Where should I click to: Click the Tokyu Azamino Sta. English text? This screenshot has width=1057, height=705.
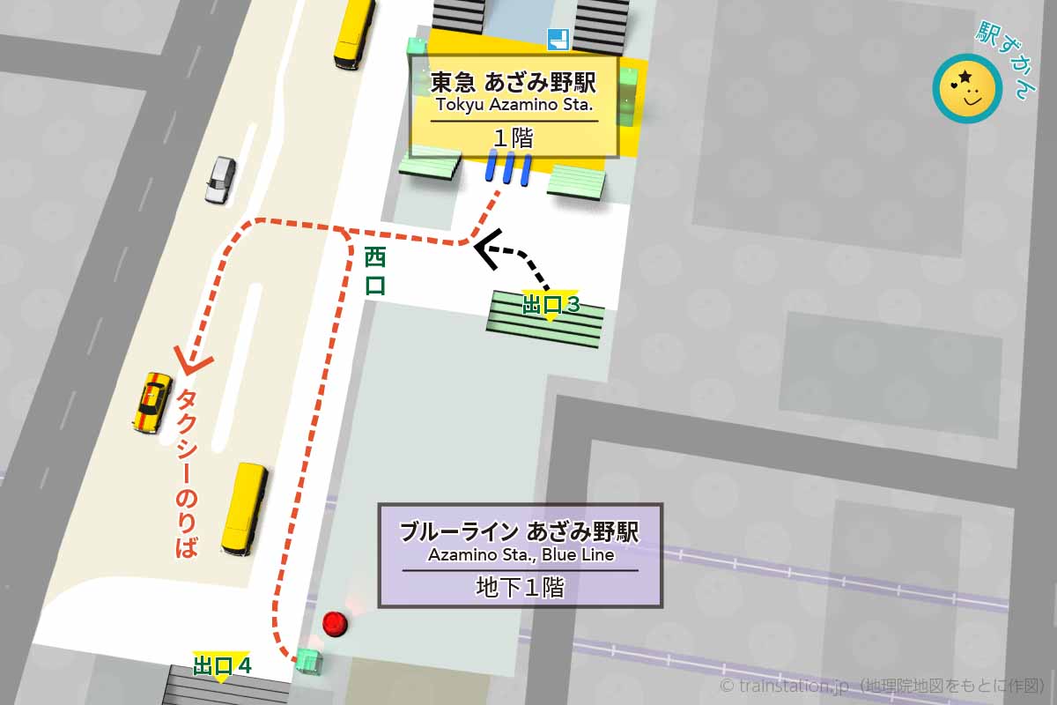click(514, 108)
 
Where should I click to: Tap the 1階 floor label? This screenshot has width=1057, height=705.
click(514, 137)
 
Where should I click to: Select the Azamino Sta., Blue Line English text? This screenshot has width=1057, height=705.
click(521, 555)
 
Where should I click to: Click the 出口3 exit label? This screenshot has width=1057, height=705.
click(551, 305)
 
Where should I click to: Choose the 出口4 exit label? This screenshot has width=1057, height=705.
click(222, 665)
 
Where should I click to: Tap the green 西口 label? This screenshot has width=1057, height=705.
click(375, 271)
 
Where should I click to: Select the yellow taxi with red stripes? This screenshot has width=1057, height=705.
click(152, 402)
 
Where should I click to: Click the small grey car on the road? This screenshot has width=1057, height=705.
click(220, 179)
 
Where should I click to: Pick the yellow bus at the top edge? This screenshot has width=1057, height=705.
click(354, 33)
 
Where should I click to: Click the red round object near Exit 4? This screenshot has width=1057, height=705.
click(335, 625)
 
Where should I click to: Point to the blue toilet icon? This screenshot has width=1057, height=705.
click(558, 39)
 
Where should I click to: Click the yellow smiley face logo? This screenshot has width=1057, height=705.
click(967, 88)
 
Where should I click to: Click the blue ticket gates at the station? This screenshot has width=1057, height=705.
click(508, 167)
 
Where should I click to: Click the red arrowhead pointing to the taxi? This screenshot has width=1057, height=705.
click(193, 359)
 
